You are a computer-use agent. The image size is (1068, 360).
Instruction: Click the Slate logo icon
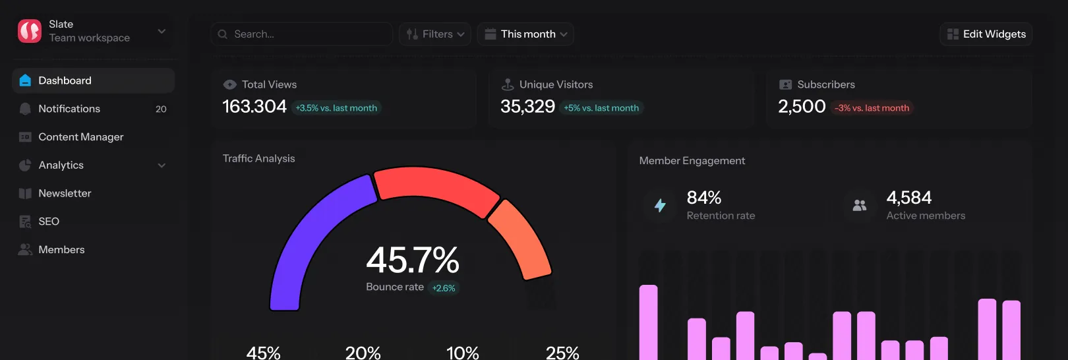tap(30, 31)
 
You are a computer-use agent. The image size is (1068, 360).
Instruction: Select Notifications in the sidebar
tap(69, 109)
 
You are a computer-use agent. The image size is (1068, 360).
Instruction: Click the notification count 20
tap(161, 109)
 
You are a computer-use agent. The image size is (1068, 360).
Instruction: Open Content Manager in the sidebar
tap(80, 137)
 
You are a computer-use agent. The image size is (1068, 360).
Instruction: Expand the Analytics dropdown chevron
tap(162, 165)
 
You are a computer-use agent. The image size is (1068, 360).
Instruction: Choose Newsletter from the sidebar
tap(65, 193)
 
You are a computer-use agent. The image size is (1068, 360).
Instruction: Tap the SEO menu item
tap(49, 222)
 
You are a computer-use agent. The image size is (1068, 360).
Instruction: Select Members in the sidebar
tap(61, 250)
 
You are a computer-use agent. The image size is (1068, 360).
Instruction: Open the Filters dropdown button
tap(435, 34)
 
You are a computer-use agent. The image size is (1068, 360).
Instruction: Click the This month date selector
tap(525, 34)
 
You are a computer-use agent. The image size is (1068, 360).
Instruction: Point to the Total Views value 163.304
tap(254, 106)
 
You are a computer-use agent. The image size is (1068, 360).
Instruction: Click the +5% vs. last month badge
tap(601, 108)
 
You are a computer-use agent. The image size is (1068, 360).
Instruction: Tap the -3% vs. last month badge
tap(872, 108)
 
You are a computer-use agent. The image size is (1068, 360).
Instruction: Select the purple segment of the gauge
tap(310, 237)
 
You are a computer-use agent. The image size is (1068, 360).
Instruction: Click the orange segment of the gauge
tap(521, 237)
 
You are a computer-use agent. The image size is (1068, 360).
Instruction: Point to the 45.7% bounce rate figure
tap(413, 260)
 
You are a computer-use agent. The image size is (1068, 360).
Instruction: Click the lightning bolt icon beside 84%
tap(660, 205)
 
